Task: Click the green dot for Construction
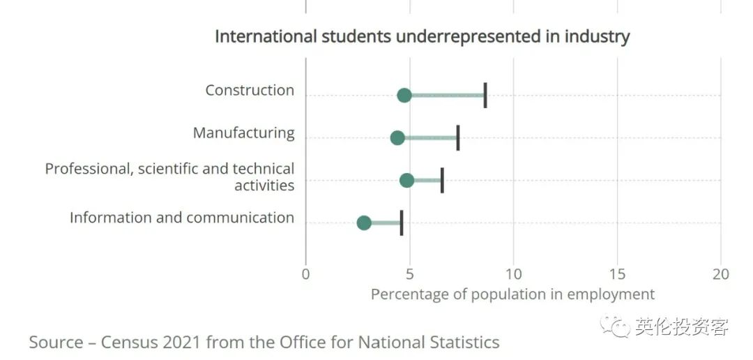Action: (x=404, y=95)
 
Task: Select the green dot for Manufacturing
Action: (x=397, y=137)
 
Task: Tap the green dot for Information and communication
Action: (x=364, y=223)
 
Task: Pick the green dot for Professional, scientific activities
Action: (x=407, y=180)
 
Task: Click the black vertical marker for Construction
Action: (x=485, y=95)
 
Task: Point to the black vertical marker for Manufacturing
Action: (x=458, y=137)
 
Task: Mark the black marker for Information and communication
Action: (x=402, y=223)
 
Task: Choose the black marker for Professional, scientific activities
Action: (x=442, y=180)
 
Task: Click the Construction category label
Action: (x=250, y=90)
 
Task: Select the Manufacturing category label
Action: (x=243, y=133)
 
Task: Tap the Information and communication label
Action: (x=182, y=218)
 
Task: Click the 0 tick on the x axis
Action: (x=305, y=274)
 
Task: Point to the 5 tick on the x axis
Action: (x=410, y=274)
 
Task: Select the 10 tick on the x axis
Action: (x=514, y=274)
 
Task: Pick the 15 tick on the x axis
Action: (x=618, y=274)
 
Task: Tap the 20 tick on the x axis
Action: (x=721, y=274)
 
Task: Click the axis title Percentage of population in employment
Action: (x=512, y=294)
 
